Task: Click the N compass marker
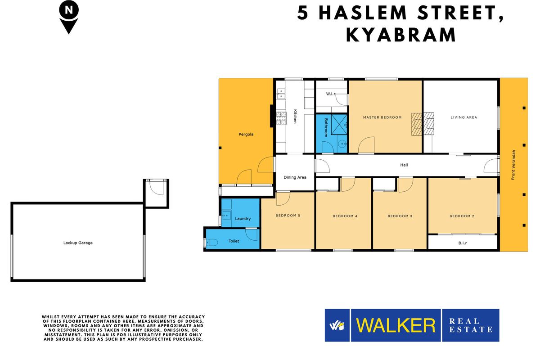pos(69,17)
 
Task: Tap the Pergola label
pos(246,134)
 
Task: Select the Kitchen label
pos(295,117)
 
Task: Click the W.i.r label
pos(331,94)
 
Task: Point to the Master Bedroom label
pos(382,117)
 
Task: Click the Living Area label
pos(464,117)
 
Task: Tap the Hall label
pos(404,165)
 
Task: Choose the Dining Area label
pos(295,177)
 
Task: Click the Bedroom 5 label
pos(288,216)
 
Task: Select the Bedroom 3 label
pos(400,216)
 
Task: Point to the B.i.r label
pos(463,243)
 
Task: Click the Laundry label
pos(243,218)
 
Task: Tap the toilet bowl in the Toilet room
pos(212,243)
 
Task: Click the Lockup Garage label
pos(78,243)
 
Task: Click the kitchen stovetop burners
pos(281,118)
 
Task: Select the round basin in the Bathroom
pos(342,144)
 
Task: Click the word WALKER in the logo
pos(396,325)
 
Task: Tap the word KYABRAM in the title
pos(400,35)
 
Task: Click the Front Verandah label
pos(513,165)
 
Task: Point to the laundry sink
pos(226,215)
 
